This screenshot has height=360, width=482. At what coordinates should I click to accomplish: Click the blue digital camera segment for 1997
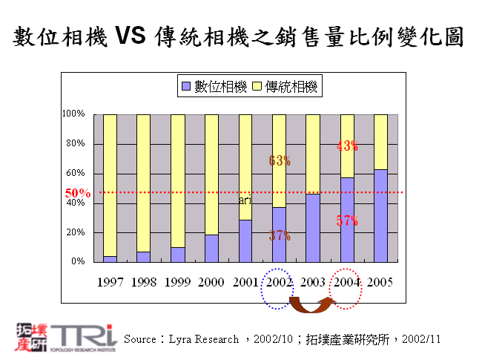coord(110,259)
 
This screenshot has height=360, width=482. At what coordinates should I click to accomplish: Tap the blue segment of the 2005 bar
coord(380,215)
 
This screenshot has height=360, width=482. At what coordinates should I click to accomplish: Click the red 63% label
coord(280,160)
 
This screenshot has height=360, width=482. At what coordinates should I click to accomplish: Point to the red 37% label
coord(280,236)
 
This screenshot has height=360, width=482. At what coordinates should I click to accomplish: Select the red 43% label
coord(347,146)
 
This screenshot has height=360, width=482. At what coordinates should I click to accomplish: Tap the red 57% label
coord(347,220)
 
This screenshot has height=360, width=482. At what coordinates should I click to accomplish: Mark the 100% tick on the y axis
coord(73,114)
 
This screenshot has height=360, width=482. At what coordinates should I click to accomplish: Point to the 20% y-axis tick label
coord(76,232)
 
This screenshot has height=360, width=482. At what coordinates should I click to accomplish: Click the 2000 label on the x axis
coord(211,283)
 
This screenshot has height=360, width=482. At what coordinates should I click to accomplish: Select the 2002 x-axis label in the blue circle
coord(278,283)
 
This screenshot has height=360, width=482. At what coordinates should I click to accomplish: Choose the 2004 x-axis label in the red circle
coord(346,283)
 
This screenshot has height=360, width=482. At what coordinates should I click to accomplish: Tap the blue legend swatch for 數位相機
coord(186,87)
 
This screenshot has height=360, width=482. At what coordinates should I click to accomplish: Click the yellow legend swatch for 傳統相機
coord(257,87)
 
